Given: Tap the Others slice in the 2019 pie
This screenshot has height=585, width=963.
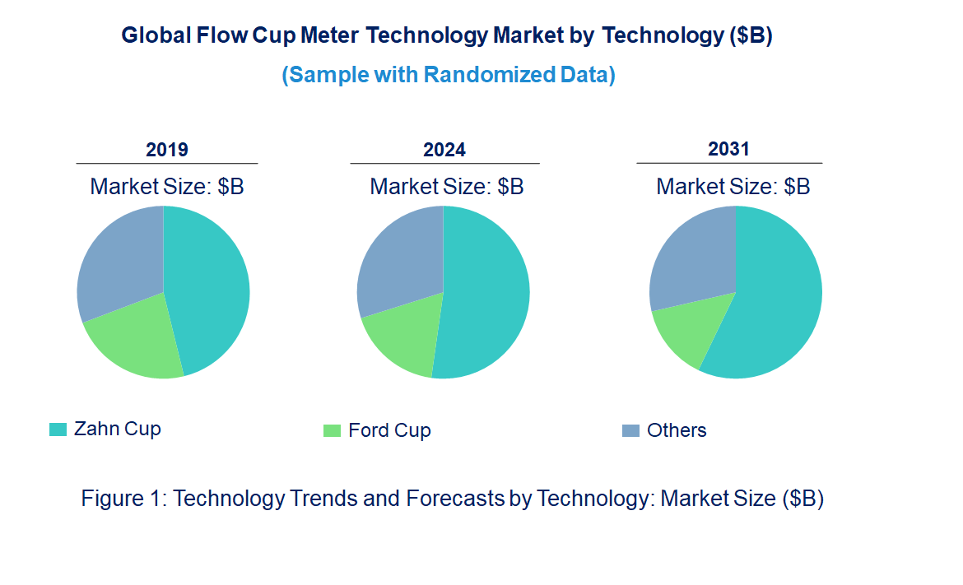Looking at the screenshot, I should pyautogui.click(x=119, y=259).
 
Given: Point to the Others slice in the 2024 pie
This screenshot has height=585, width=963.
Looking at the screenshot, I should pyautogui.click(x=399, y=259).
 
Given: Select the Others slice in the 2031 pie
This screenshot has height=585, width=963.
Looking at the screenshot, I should pyautogui.click(x=691, y=255).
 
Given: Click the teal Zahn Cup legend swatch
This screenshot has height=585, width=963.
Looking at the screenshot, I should pyautogui.click(x=58, y=429).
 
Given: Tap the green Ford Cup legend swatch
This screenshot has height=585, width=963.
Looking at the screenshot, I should pyautogui.click(x=332, y=431).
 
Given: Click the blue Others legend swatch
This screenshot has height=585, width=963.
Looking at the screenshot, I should pyautogui.click(x=630, y=430).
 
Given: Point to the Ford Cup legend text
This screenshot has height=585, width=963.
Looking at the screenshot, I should pyautogui.click(x=389, y=431).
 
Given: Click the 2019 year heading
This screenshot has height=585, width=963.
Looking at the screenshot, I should pyautogui.click(x=167, y=150).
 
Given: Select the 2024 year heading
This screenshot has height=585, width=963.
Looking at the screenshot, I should pyautogui.click(x=444, y=150).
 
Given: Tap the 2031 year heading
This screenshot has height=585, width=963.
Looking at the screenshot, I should pyautogui.click(x=728, y=149).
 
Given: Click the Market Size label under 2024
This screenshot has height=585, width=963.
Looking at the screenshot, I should pyautogui.click(x=446, y=186).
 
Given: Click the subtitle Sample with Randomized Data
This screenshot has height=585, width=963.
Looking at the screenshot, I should pyautogui.click(x=449, y=75).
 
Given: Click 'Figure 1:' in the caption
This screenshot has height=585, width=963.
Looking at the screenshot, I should pyautogui.click(x=124, y=499).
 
